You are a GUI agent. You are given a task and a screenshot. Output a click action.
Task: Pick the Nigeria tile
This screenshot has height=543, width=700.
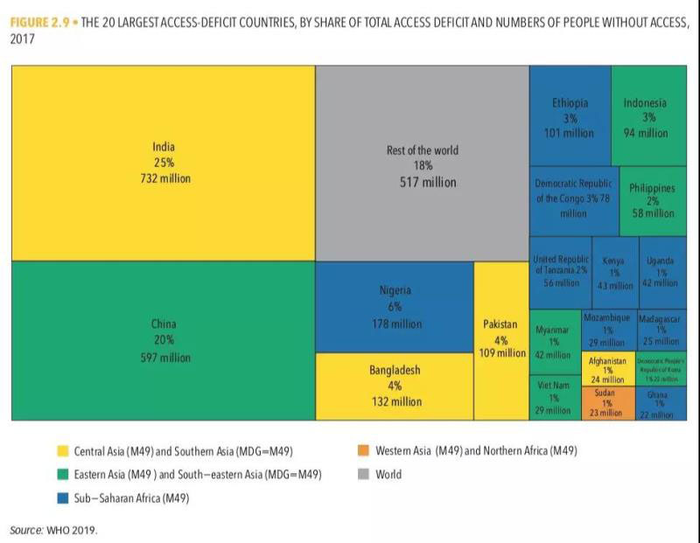[x=395, y=306]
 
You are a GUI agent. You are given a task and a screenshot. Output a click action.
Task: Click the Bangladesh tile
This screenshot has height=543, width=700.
[x=395, y=386]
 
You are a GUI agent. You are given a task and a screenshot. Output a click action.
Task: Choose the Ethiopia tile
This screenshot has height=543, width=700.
[x=570, y=117]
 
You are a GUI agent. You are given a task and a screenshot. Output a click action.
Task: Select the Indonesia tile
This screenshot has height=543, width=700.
[x=645, y=117]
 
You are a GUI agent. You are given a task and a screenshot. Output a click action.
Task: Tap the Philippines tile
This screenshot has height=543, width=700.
[x=652, y=201]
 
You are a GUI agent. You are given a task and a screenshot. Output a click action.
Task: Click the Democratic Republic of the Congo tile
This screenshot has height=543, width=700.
[x=573, y=198]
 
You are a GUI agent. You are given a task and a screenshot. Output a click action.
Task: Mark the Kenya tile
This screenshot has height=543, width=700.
[x=613, y=272]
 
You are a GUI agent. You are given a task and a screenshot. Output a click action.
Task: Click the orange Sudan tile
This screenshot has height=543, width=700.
[x=605, y=402]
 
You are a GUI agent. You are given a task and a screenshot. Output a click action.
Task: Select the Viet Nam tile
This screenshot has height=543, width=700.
[x=554, y=398]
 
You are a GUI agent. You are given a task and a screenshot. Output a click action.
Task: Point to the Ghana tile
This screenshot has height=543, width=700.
[x=662, y=403]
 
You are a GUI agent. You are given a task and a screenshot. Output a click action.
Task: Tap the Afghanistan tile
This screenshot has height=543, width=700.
[x=607, y=370]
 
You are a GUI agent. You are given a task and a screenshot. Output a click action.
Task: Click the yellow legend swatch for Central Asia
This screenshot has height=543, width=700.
[x=63, y=452]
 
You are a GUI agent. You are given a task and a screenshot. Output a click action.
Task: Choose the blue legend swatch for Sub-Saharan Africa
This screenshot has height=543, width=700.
[x=63, y=498]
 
